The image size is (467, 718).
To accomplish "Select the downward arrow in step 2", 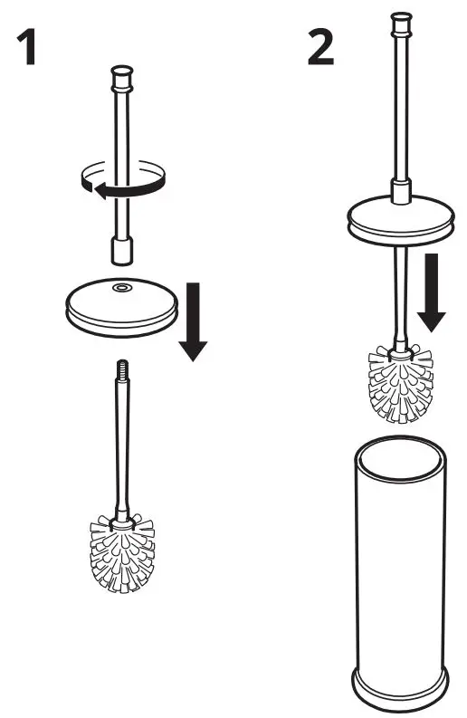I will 433,292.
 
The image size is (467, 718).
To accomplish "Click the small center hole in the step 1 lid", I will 119,289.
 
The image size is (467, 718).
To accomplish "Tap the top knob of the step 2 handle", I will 400,22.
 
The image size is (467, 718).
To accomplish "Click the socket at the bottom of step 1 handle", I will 121,249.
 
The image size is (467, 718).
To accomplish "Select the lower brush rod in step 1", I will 119,444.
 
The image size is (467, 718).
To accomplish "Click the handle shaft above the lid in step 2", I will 400,109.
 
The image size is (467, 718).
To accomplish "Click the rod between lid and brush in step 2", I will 398,290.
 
